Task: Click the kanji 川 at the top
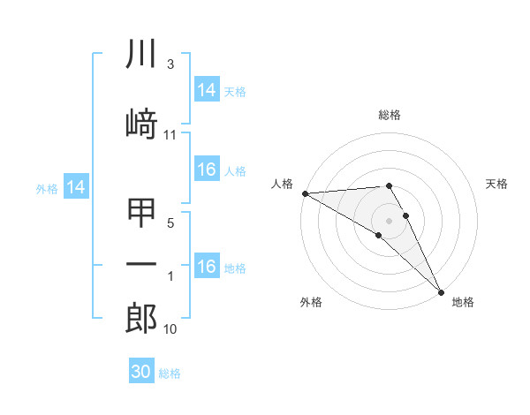(x=142, y=55)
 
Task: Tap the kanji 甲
(x=142, y=213)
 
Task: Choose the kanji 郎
(x=142, y=318)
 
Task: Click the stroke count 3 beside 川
(x=170, y=65)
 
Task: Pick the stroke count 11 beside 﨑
(x=170, y=135)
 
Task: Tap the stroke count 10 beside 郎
(x=170, y=329)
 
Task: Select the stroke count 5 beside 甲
(x=170, y=223)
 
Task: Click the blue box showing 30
(x=141, y=373)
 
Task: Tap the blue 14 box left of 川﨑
(x=76, y=187)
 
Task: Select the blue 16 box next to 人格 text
(x=207, y=170)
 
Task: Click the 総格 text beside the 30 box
(x=170, y=373)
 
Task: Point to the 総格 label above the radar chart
(x=390, y=116)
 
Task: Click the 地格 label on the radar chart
(x=463, y=302)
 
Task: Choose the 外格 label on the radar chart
(x=311, y=302)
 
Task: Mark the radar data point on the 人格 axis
(x=305, y=193)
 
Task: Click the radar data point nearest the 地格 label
(x=440, y=290)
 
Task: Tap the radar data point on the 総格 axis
(x=389, y=185)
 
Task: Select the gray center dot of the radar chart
(x=390, y=220)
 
